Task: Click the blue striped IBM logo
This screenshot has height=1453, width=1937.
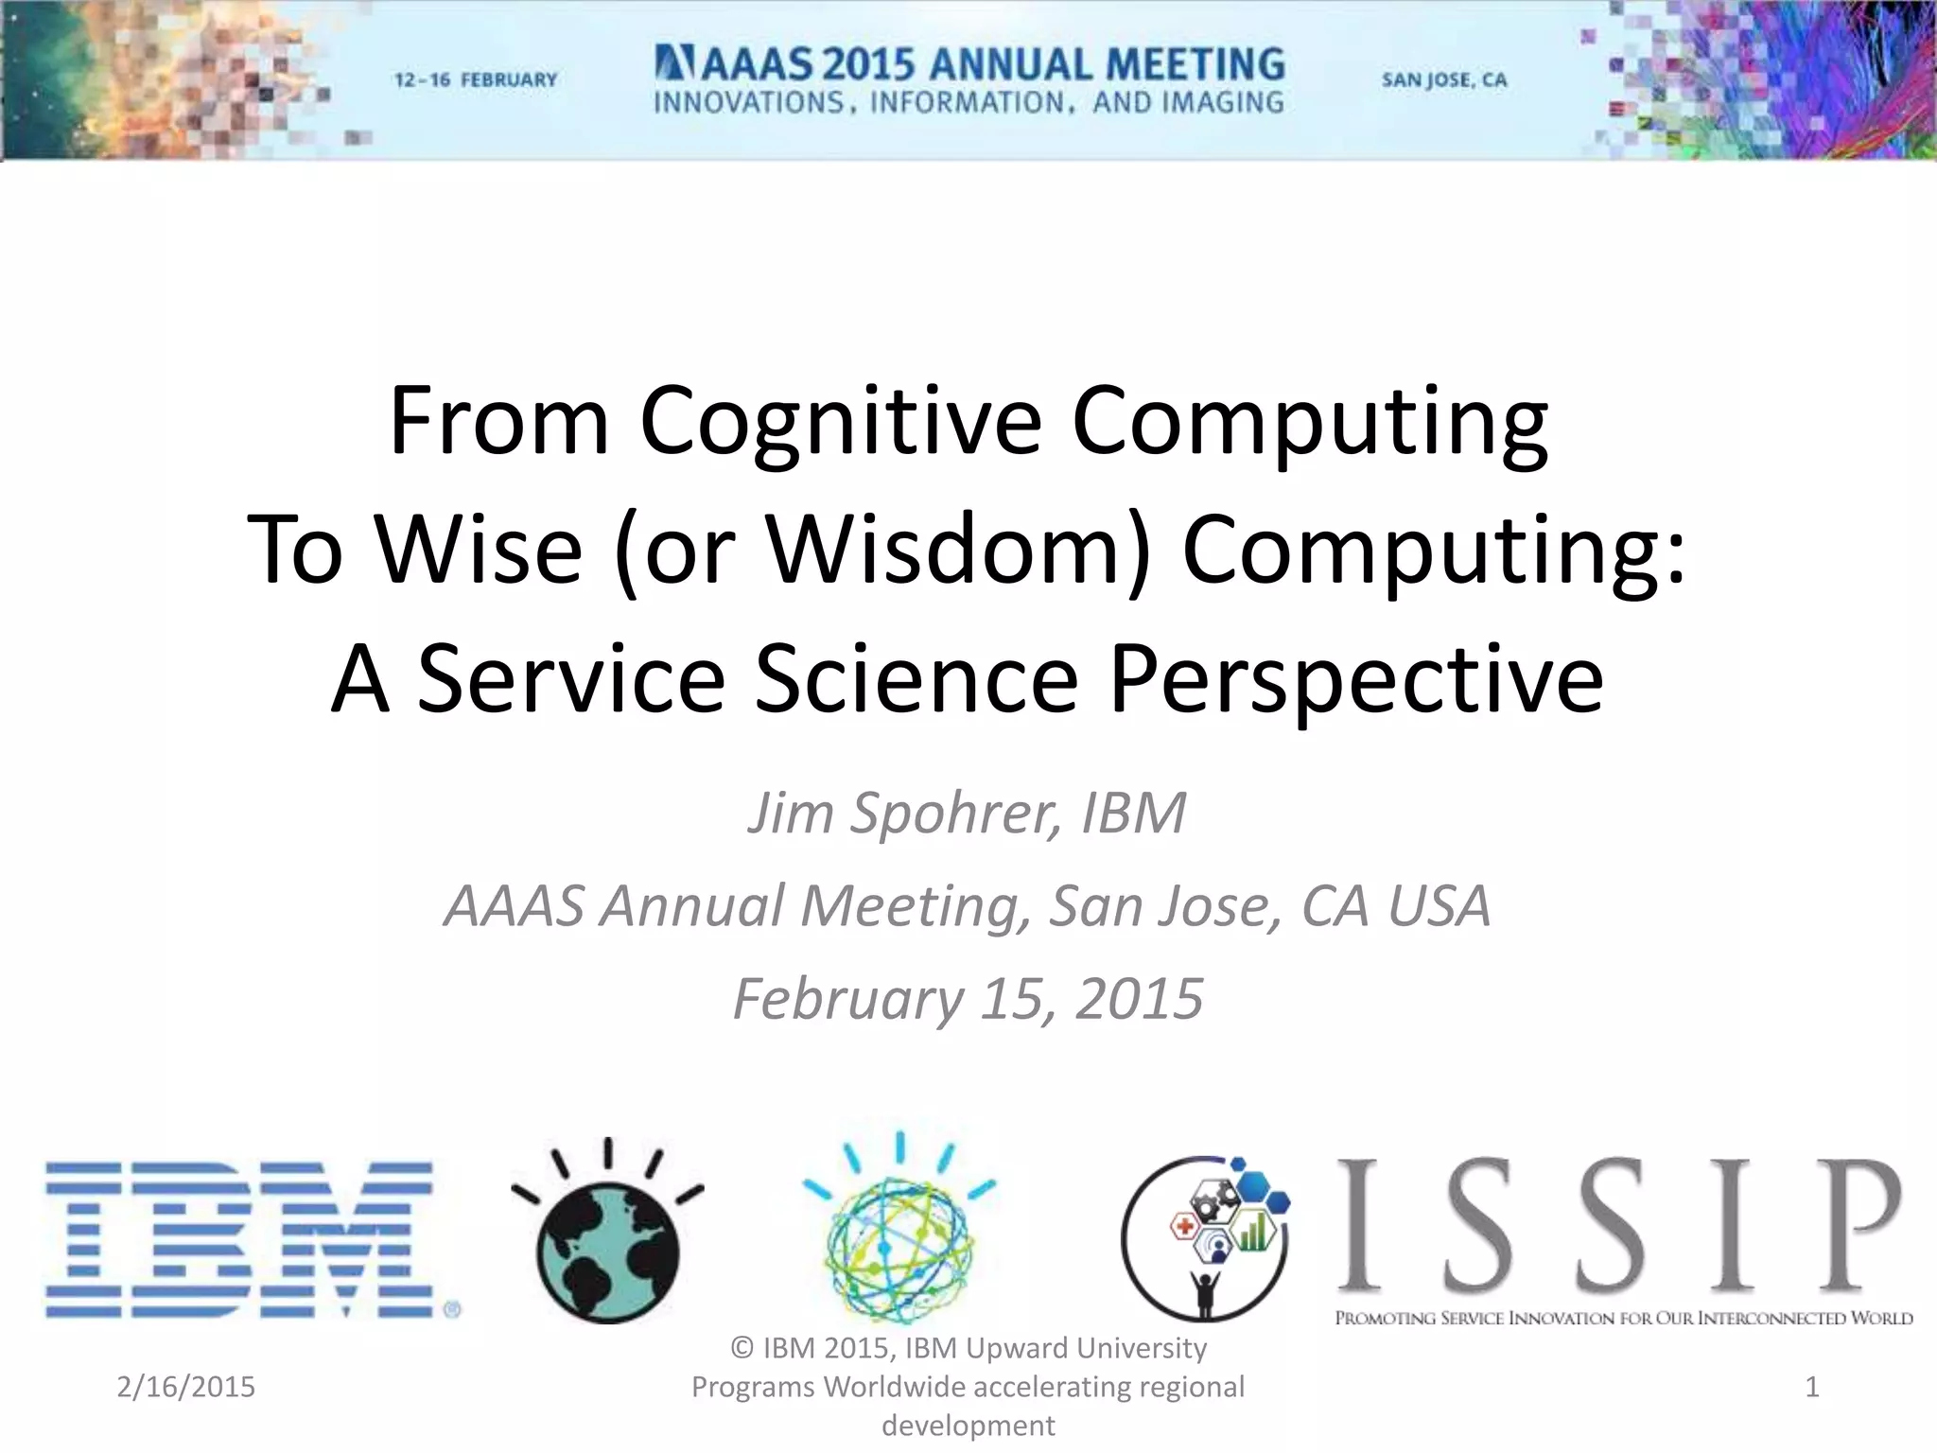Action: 241,1239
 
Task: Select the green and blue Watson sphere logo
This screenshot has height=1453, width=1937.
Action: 899,1239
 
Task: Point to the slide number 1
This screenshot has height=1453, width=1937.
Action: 1812,1387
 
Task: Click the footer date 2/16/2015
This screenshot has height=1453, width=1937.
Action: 186,1387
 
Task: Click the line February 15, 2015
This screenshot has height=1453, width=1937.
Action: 968,999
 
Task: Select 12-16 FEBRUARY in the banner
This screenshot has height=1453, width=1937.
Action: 476,80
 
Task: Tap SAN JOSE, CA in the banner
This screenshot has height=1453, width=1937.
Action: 1444,80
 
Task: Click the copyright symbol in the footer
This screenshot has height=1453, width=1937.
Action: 742,1348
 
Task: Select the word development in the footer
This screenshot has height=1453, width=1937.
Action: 968,1426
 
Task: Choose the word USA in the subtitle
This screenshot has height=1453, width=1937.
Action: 1439,905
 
